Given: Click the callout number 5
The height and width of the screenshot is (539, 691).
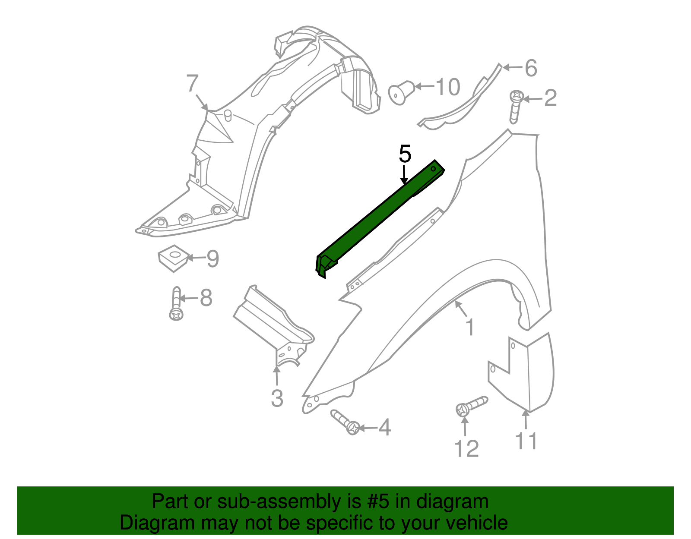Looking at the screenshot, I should [405, 154].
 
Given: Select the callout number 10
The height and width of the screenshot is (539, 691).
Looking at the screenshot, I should [448, 87].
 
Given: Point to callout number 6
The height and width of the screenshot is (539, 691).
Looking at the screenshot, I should [530, 68].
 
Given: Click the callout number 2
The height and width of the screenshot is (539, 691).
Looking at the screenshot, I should [550, 98].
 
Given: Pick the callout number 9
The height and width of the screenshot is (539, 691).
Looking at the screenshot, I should [212, 259].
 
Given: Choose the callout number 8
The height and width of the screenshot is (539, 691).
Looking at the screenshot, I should [206, 298].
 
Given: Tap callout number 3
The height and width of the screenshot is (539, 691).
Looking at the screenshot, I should [277, 398].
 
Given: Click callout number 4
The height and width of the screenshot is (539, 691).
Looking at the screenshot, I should [384, 428].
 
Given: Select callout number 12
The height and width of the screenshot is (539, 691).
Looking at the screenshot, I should [466, 449].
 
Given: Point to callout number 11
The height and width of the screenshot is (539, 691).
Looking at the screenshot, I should [526, 441].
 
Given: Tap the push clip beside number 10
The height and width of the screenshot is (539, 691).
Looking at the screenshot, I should [402, 92].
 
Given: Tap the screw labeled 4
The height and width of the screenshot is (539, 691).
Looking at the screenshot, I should [346, 422].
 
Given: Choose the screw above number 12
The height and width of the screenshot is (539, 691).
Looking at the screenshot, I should [471, 406].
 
